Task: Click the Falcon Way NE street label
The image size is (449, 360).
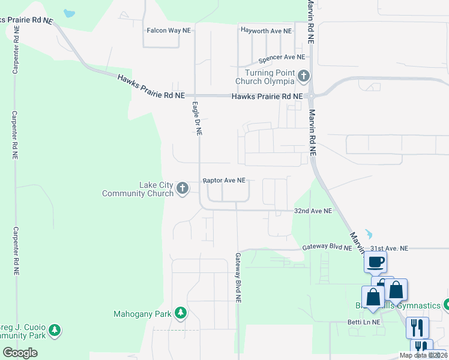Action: (x=170, y=30)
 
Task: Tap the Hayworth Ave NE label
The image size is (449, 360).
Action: (x=265, y=31)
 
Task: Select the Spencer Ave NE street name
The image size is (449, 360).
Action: (x=282, y=58)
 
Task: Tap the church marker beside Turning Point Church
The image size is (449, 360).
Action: (x=304, y=76)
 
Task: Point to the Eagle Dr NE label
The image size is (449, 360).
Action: (x=196, y=118)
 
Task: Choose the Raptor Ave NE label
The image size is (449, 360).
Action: (x=224, y=180)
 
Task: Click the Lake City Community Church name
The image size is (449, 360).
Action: (x=138, y=189)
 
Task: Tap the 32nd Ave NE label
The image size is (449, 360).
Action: (x=313, y=211)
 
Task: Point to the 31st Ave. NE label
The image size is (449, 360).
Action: (x=388, y=248)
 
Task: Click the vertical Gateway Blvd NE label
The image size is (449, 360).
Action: (x=238, y=276)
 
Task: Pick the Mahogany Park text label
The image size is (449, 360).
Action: (x=142, y=314)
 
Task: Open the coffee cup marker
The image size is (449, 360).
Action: (x=376, y=262)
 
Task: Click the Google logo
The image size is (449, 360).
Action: (x=20, y=353)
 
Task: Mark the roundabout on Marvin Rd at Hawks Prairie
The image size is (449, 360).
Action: (x=311, y=95)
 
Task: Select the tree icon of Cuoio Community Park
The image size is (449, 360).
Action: (x=55, y=330)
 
